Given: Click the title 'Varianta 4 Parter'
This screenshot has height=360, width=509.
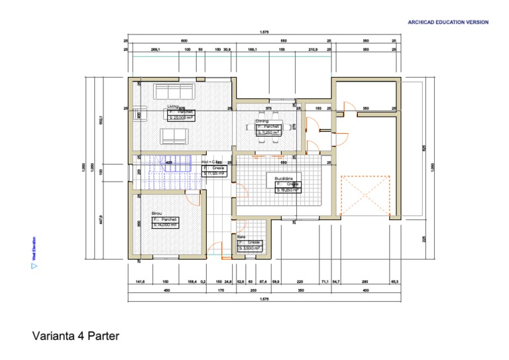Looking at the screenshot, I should click(x=76, y=336).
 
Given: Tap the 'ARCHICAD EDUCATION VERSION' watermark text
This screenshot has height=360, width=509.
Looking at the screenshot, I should click(x=448, y=23).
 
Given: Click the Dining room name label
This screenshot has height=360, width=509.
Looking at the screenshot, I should click(x=262, y=121).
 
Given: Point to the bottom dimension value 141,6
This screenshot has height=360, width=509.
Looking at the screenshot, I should click(x=140, y=282).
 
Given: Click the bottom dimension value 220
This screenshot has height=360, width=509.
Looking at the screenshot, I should click(x=300, y=282).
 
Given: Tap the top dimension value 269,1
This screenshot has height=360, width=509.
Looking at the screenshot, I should click(x=157, y=50).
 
